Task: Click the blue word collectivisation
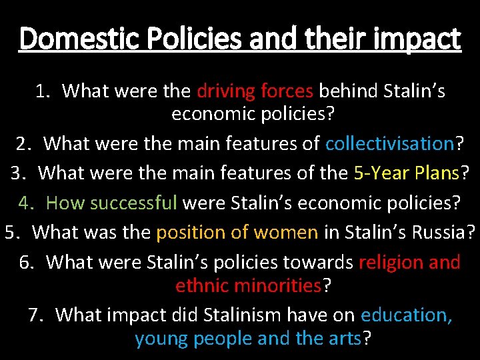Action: tap(389, 143)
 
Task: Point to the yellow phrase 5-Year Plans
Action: tap(406, 173)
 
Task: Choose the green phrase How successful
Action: tap(111, 202)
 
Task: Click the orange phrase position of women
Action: tap(237, 232)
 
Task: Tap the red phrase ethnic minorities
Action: tap(249, 286)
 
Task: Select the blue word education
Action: tap(406, 314)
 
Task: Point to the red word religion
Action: tap(390, 262)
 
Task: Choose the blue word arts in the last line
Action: tap(345, 339)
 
